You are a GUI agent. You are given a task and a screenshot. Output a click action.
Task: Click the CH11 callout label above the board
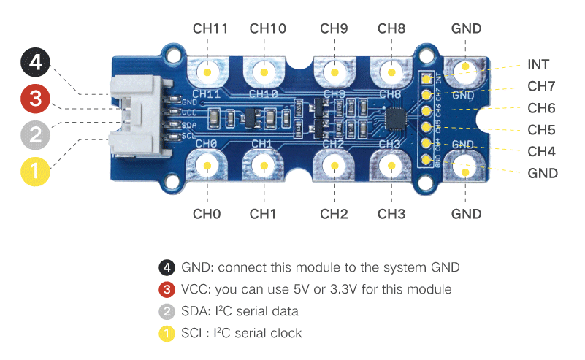tap(210, 29)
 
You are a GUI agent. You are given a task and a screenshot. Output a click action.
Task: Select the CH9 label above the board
tap(334, 29)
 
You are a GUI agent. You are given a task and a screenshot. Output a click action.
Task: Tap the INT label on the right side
tap(538, 65)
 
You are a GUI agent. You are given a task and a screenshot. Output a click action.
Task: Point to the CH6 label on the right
tap(541, 108)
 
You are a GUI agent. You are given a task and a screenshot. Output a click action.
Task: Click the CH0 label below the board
tap(207, 214)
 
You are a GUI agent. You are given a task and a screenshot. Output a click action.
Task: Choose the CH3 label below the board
tap(391, 214)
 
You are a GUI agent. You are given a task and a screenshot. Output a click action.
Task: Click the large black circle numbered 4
tap(34, 64)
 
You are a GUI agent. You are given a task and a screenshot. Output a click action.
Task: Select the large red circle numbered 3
tap(34, 99)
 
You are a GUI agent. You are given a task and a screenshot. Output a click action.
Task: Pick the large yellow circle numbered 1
tap(34, 172)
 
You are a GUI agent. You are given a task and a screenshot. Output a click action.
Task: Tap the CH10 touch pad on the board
tap(264, 72)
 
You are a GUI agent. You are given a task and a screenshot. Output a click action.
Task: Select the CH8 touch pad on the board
tap(391, 72)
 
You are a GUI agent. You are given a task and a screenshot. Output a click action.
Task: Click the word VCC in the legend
tap(194, 289)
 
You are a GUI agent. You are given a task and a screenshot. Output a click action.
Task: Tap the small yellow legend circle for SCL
tap(167, 333)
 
